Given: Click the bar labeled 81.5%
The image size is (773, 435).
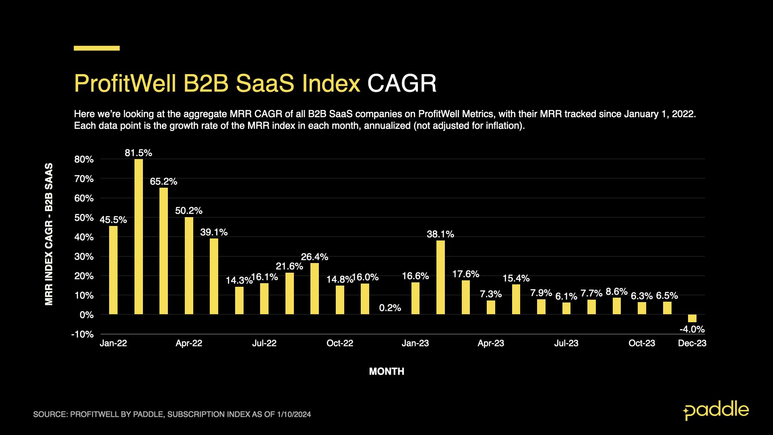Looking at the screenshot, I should tap(138, 237).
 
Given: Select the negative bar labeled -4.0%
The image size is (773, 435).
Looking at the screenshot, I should tap(692, 318).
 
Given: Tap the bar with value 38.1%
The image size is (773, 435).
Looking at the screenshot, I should tap(440, 278).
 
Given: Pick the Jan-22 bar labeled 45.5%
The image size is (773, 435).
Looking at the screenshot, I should tap(114, 270).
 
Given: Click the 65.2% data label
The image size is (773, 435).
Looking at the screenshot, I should tap(163, 182).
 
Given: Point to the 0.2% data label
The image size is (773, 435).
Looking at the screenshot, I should tap(390, 308).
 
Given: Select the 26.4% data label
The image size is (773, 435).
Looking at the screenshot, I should tap(314, 257).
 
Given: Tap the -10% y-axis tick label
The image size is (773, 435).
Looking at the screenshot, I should tap(83, 334).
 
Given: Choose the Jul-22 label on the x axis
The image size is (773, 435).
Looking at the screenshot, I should tap(264, 343).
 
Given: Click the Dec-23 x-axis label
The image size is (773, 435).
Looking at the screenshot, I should tap(692, 343).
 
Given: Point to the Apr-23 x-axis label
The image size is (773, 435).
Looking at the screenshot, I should tap(491, 343).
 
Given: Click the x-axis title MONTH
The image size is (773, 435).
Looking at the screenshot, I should tap(386, 371).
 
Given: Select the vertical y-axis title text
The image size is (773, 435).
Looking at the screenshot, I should tap(49, 234).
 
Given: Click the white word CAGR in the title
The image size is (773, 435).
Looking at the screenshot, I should tap(402, 84).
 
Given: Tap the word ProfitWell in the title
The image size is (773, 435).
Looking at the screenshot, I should tap(125, 84).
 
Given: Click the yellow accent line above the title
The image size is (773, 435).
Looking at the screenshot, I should tap(97, 48).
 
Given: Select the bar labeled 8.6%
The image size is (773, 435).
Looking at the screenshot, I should tap(616, 306).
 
